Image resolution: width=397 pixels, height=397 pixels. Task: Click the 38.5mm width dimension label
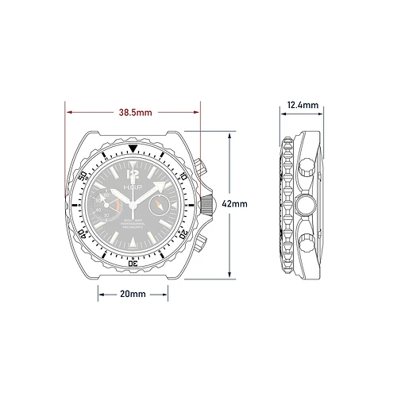(133, 114)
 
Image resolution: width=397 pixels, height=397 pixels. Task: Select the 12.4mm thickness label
(303, 105)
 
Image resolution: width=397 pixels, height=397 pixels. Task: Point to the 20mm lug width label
(133, 294)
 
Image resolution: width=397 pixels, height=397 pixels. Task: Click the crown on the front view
(207, 203)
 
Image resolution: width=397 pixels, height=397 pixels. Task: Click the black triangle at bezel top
(133, 148)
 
